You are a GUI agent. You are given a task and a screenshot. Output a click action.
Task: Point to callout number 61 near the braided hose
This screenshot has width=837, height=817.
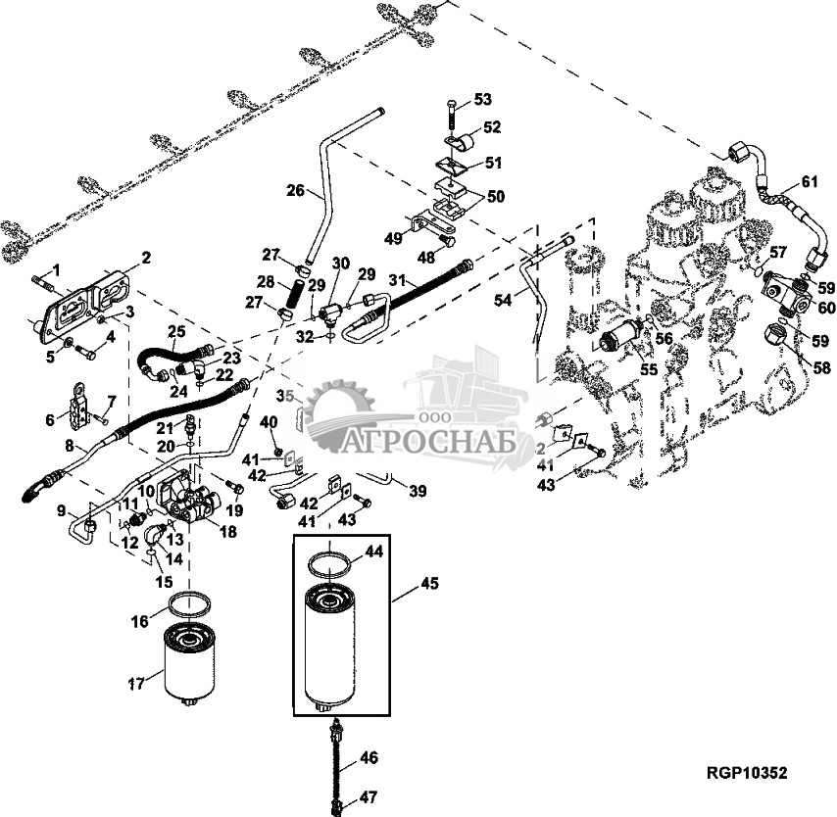click(x=809, y=180)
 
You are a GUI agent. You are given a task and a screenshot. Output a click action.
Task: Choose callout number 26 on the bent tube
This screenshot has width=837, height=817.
click(x=295, y=190)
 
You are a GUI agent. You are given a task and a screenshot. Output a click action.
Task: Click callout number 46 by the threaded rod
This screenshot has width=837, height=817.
click(x=368, y=757)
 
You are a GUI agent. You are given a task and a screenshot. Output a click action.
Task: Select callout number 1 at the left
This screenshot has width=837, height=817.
click(x=56, y=268)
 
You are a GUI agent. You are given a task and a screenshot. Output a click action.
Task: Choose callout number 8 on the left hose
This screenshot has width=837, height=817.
click(x=69, y=446)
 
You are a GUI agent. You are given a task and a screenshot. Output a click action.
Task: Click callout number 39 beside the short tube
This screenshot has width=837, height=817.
click(x=417, y=491)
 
